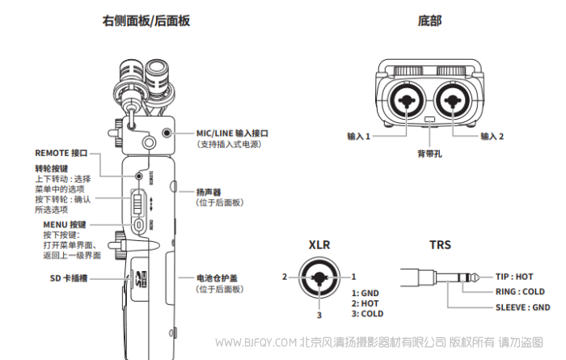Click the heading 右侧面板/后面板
146,21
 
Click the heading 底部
429,21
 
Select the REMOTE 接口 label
61,152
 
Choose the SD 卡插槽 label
64,277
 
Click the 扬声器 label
209,192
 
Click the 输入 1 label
357,137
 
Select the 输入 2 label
492,137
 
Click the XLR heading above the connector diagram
319,244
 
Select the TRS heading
440,244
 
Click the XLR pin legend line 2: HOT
365,303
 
